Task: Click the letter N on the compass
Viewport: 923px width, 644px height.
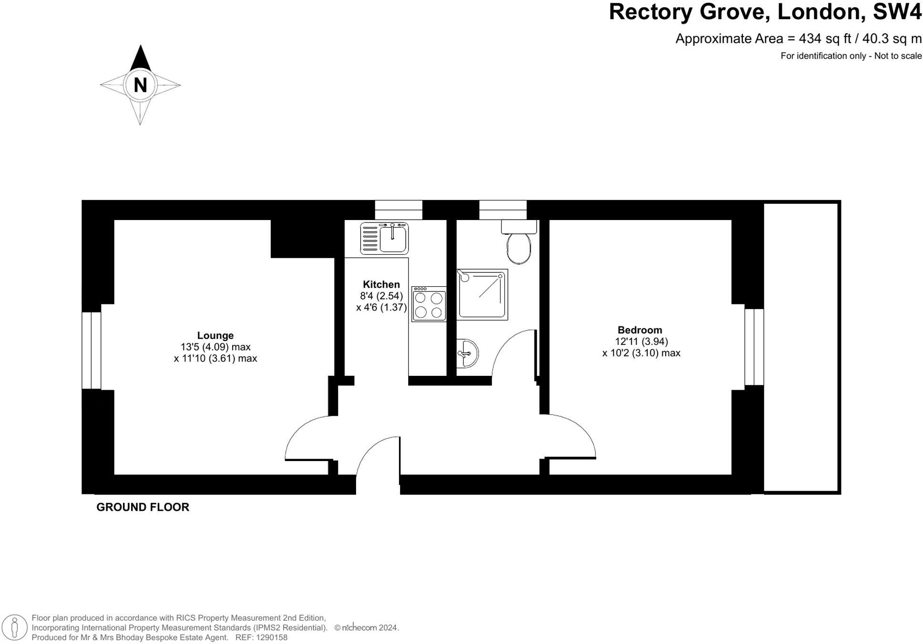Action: click(x=140, y=85)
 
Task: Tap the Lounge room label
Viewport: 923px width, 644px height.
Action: click(x=215, y=335)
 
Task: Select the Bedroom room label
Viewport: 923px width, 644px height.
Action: click(x=639, y=330)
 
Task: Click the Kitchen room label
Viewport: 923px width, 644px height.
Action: click(x=381, y=284)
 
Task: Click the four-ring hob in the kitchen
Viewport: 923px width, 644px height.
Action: click(x=429, y=304)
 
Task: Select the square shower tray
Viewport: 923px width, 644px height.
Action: click(x=482, y=294)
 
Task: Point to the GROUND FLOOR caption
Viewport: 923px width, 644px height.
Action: click(x=143, y=507)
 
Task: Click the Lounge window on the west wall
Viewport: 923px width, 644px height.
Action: click(x=91, y=350)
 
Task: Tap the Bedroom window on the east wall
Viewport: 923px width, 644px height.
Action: click(x=754, y=347)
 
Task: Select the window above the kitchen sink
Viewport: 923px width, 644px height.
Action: click(x=399, y=210)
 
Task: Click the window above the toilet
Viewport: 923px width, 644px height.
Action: click(x=503, y=210)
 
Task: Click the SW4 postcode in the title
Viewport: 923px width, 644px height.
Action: click(x=897, y=11)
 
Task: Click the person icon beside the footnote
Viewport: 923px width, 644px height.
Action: click(x=15, y=627)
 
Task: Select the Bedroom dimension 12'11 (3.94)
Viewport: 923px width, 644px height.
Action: click(x=641, y=342)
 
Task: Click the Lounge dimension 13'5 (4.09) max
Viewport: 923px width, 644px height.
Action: click(x=215, y=347)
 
